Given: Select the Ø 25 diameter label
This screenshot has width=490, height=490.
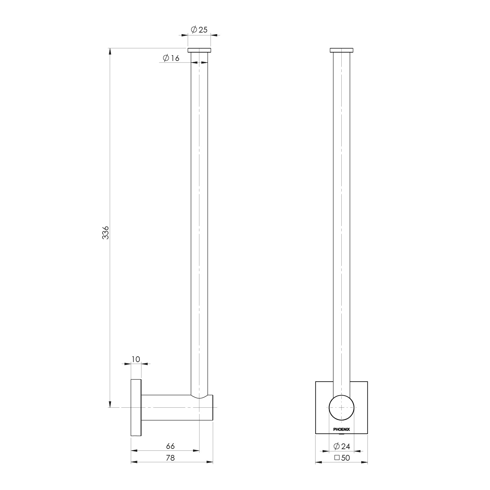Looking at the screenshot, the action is (x=199, y=30).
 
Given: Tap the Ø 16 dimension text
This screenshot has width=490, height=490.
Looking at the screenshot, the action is (x=171, y=58).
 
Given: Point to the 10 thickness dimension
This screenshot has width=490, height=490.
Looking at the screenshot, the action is (x=136, y=359).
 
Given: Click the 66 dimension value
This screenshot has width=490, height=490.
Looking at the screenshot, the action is (x=170, y=446).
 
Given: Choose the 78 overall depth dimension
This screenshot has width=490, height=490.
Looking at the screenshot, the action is (x=170, y=458).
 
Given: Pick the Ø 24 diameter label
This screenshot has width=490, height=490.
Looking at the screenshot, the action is (x=342, y=446).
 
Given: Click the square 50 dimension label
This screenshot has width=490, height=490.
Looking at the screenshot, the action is (x=342, y=458).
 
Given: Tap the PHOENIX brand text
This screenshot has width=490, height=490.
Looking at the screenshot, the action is (x=341, y=429).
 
